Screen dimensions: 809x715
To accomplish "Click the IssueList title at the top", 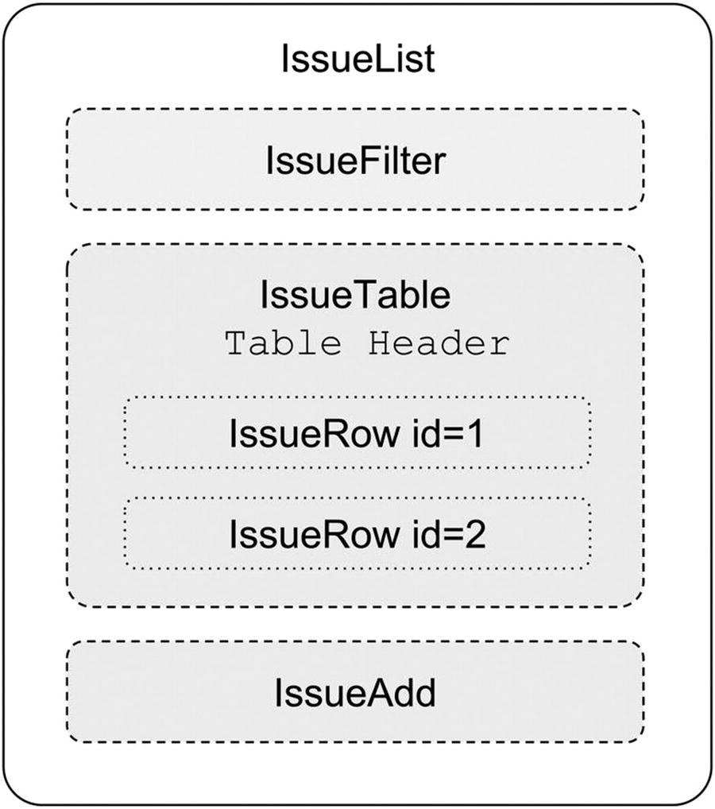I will (357, 60).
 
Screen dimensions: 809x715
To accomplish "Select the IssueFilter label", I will (355, 161).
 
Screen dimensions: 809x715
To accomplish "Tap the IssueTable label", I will (355, 295).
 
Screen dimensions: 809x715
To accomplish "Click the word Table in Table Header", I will (284, 344).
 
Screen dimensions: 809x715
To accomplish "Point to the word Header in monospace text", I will (438, 344).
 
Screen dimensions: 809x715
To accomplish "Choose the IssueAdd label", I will (355, 693).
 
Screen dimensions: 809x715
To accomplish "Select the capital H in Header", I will (378, 344).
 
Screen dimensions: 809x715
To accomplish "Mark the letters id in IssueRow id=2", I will (427, 535).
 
